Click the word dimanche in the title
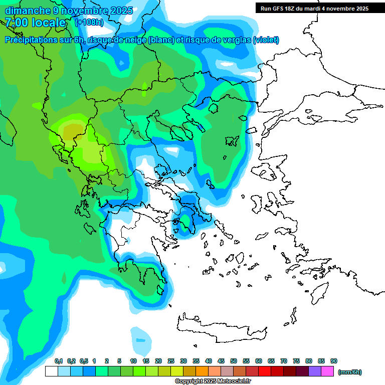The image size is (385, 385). (x=25, y=10)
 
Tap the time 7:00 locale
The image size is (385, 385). (x=35, y=23)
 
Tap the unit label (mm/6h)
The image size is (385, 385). (x=349, y=372)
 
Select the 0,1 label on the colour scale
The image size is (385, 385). (x=58, y=361)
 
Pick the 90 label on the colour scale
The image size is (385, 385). (x=334, y=361)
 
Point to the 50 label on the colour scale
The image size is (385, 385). (x=234, y=361)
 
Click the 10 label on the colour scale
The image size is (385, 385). (x=133, y=361)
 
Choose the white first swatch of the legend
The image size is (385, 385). (x=51, y=371)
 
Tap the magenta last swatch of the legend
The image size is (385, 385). (x=327, y=371)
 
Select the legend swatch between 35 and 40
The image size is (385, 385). (x=202, y=371)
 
